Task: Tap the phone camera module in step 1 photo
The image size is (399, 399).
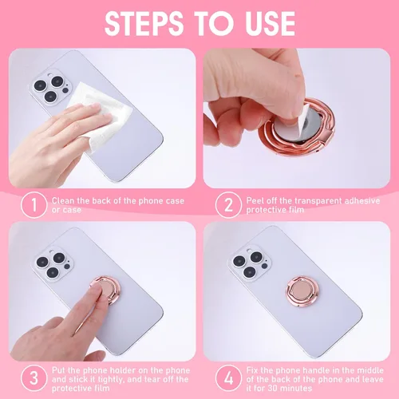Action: point(49,93)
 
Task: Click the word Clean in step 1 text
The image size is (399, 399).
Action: point(64,201)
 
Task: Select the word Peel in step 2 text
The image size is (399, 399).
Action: point(257,201)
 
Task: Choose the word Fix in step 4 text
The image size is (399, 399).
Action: point(255,372)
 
